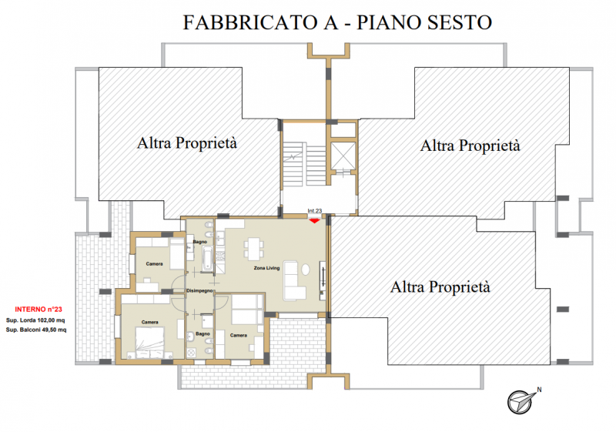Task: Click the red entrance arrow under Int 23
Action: (314, 221)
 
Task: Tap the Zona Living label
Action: (266, 268)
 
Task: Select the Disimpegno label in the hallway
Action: (199, 291)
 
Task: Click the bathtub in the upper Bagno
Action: (206, 259)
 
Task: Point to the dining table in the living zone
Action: (254, 248)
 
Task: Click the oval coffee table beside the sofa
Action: (305, 270)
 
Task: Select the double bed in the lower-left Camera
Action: (149, 343)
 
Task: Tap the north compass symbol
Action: (521, 402)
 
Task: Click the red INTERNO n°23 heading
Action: (38, 310)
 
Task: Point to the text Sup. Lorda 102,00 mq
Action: (35, 320)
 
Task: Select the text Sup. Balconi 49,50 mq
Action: (36, 330)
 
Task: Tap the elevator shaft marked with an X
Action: (343, 156)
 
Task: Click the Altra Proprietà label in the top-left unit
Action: (187, 143)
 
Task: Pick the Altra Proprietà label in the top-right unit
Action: (470, 146)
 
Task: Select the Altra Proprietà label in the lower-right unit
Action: (440, 287)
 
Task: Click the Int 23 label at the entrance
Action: (315, 211)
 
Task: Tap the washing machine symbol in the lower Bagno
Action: (191, 353)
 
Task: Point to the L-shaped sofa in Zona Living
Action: (292, 280)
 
